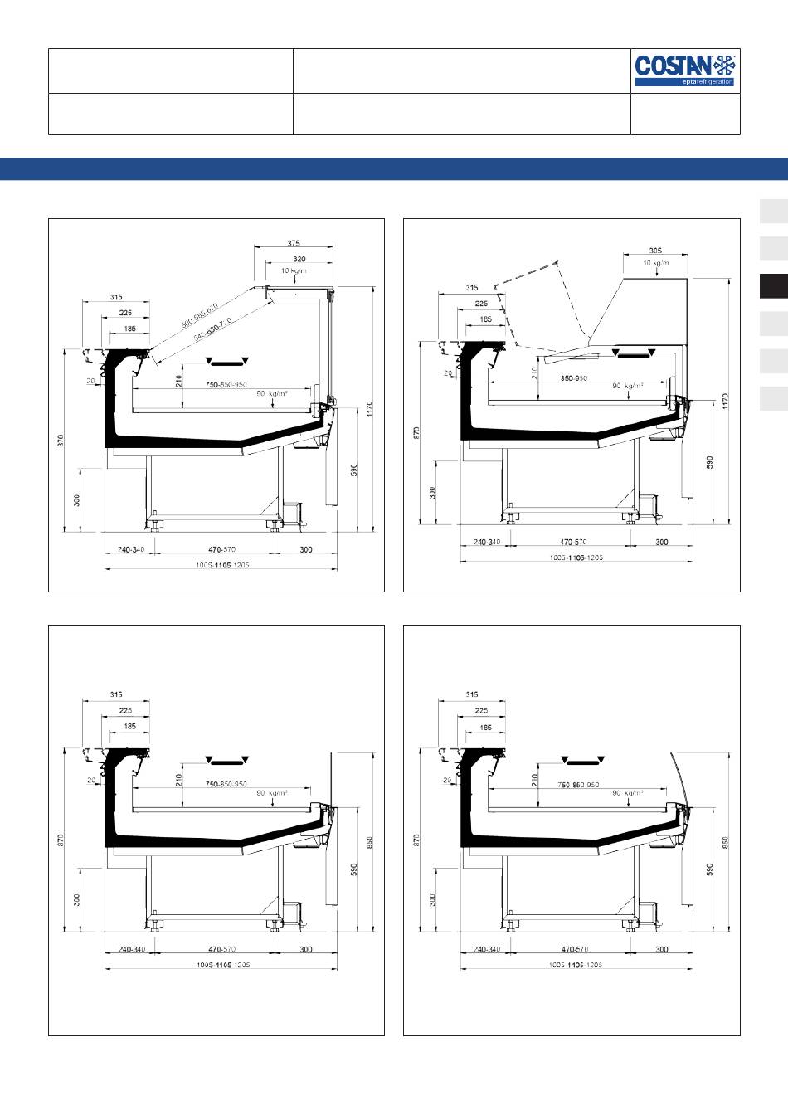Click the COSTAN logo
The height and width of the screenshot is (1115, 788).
pos(673,65)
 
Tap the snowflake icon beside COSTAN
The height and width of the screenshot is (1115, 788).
pos(725,64)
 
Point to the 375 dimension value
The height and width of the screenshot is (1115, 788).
pos(294,243)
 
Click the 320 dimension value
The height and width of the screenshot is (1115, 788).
pos(299,260)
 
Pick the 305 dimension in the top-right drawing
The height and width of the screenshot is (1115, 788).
pos(655,251)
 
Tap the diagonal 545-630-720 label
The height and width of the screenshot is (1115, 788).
pos(214,329)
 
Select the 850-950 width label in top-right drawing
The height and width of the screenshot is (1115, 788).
pos(574,377)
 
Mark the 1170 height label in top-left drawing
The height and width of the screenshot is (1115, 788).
pos(371,409)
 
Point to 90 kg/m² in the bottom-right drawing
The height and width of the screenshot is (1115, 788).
pos(627,792)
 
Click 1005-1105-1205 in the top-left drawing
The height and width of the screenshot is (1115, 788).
pos(223,565)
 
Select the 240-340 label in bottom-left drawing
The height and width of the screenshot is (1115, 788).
pos(131,949)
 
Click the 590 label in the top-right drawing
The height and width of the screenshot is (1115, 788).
pos(710,462)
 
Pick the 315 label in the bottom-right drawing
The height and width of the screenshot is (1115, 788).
pos(472,694)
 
